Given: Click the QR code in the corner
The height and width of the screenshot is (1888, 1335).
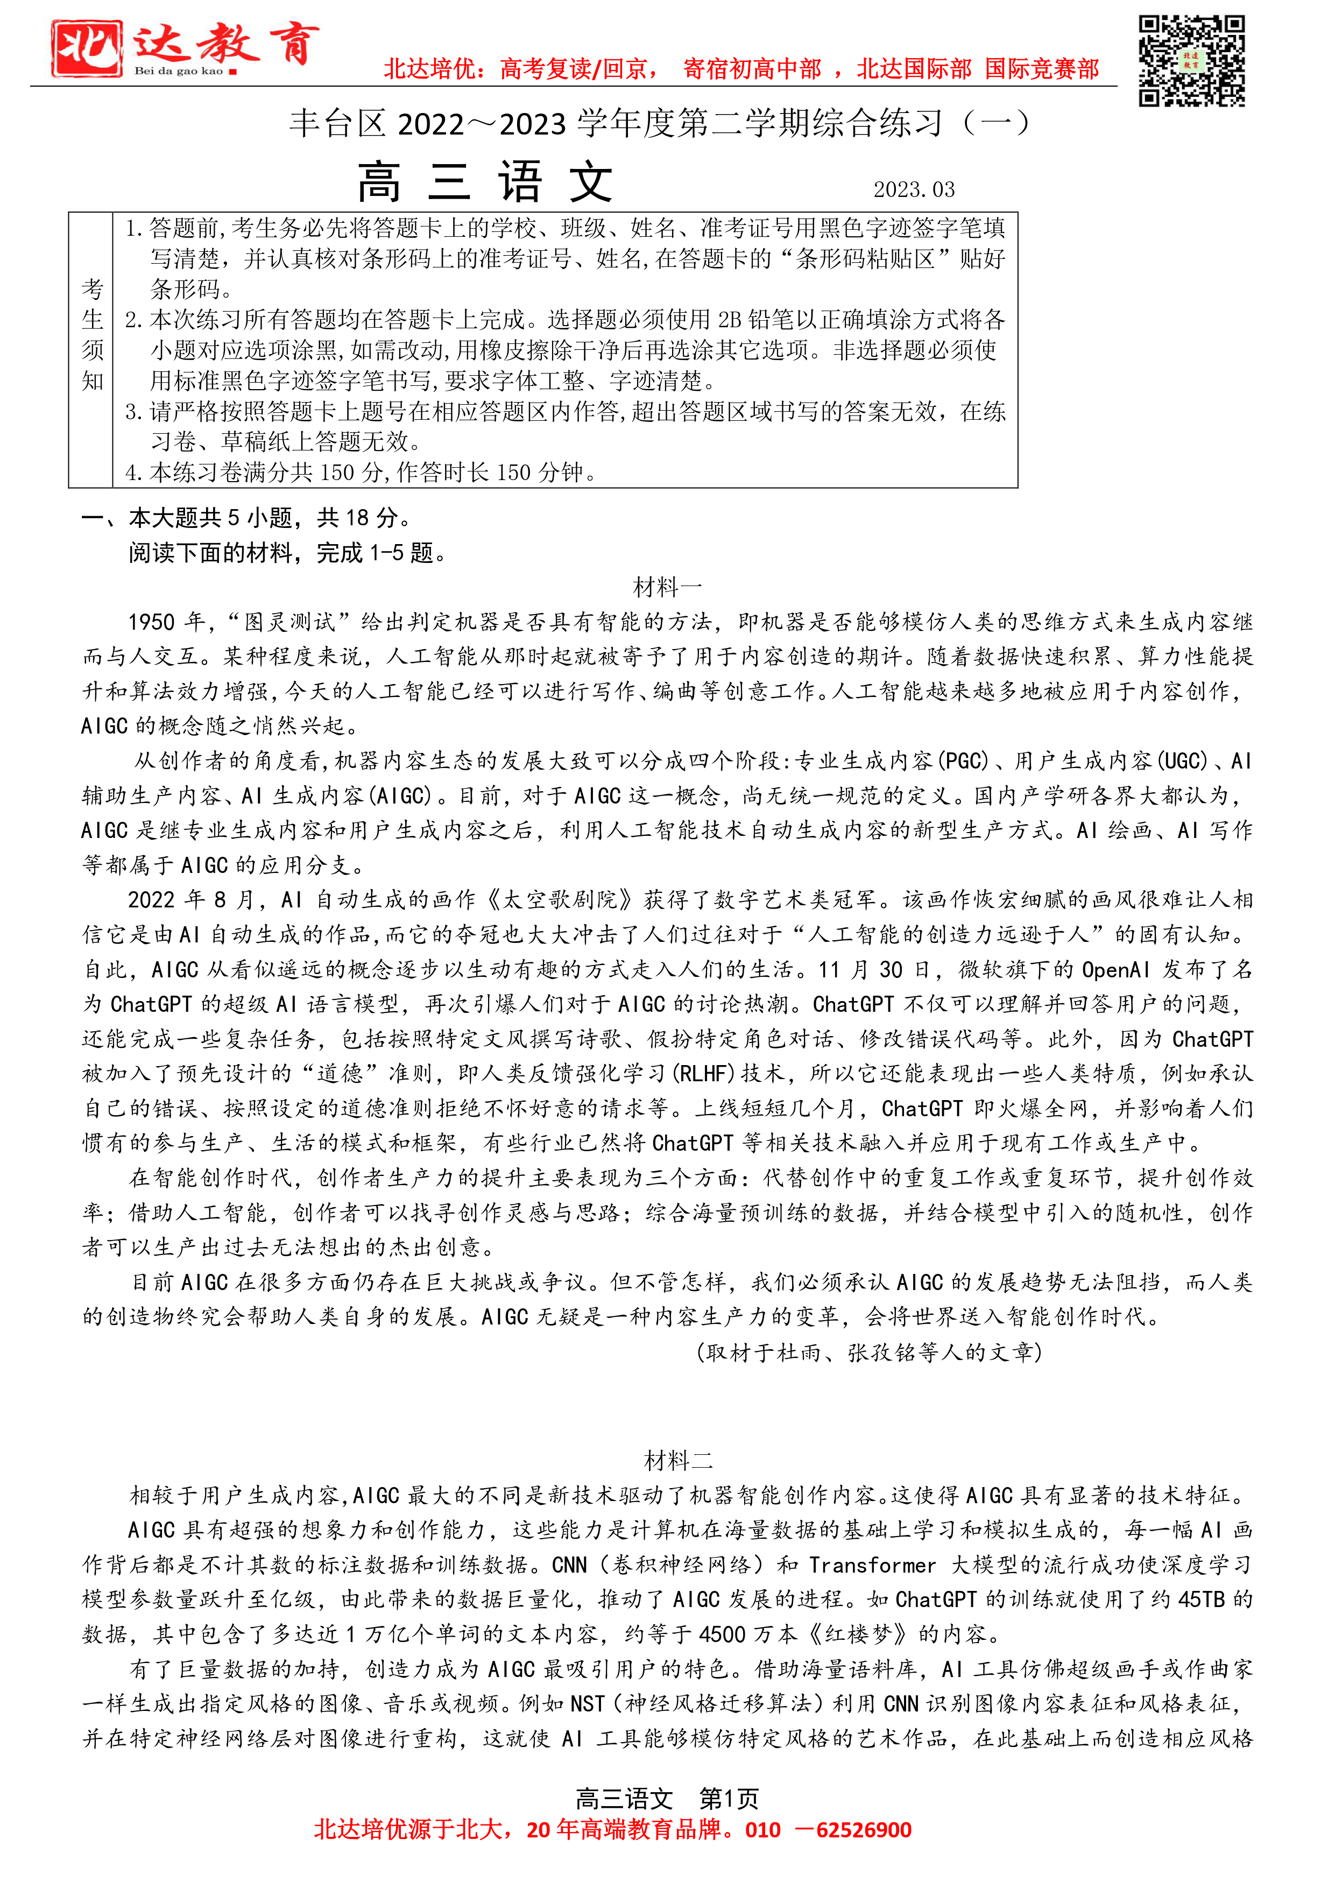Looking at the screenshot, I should pyautogui.click(x=1191, y=60).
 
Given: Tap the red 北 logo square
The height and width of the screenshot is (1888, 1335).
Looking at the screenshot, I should pyautogui.click(x=86, y=48).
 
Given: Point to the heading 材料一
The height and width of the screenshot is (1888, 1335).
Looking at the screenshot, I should pyautogui.click(x=667, y=587).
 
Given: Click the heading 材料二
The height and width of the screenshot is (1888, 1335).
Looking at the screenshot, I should pyautogui.click(x=678, y=1461).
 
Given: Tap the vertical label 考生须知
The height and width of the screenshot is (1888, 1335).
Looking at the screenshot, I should pyautogui.click(x=92, y=335).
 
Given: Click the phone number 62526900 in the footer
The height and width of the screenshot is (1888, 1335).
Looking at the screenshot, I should pyautogui.click(x=863, y=1830).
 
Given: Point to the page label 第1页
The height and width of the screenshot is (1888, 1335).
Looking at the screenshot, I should pyautogui.click(x=729, y=1799).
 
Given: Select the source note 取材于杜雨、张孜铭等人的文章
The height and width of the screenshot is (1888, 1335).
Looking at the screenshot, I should pyautogui.click(x=869, y=1352).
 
